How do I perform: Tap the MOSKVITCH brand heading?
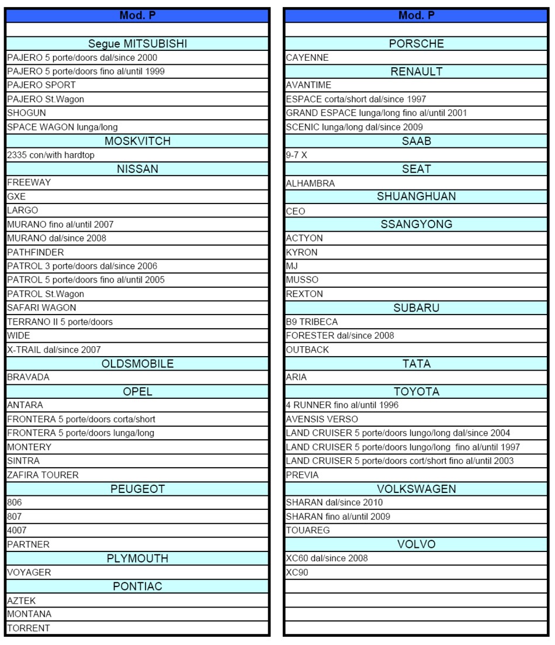click(x=137, y=141)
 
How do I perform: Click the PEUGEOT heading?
click(x=137, y=488)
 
